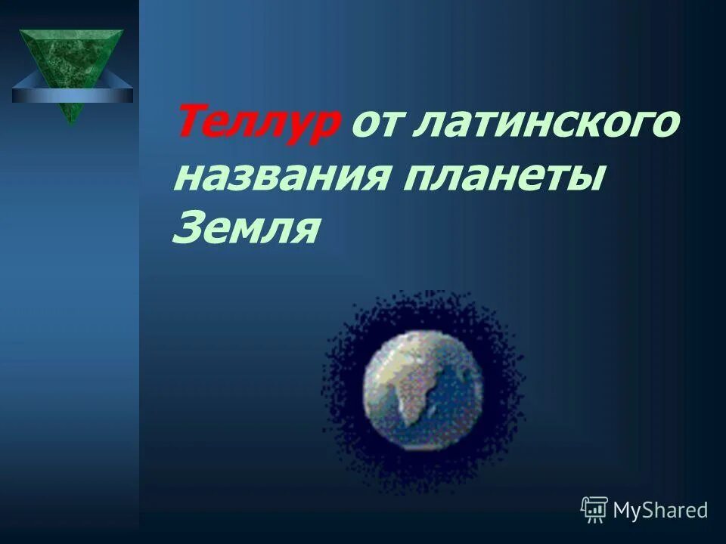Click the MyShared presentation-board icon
(594, 510)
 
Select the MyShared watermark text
(660, 511)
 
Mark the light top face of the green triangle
(70, 32)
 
